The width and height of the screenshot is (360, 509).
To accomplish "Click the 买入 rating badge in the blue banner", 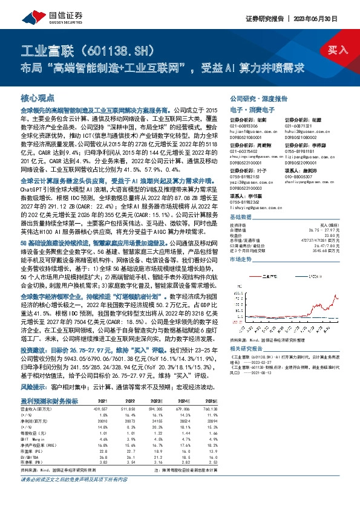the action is click(x=338, y=50).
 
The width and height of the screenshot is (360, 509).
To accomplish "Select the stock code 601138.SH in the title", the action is click(x=114, y=49).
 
